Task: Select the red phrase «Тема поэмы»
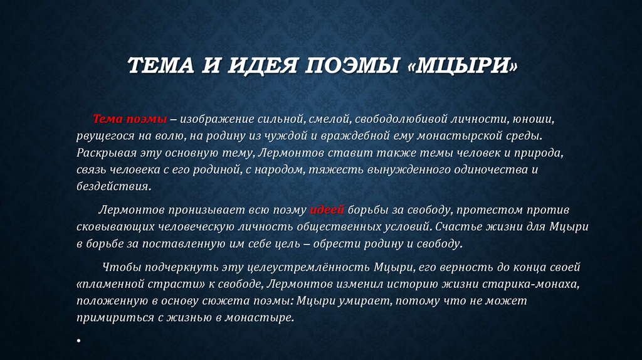130,119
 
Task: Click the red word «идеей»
327,209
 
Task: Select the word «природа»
539,153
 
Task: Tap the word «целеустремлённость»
308,267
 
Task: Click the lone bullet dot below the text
78,340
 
